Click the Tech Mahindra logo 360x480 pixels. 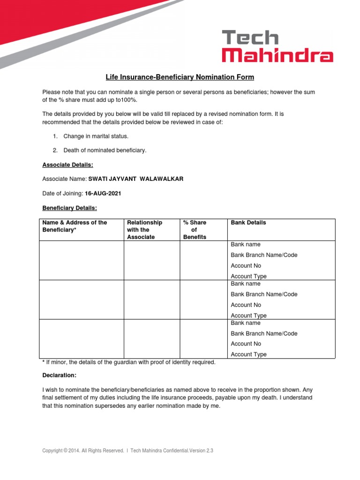(277, 46)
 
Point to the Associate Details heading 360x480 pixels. (67, 165)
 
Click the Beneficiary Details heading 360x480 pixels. (69, 208)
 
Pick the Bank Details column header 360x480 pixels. (248, 223)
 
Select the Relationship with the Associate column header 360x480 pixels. (144, 230)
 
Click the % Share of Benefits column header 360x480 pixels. (195, 230)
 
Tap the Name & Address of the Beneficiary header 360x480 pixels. (75, 226)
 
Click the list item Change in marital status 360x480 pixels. (96, 136)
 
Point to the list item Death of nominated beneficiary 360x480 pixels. (105, 150)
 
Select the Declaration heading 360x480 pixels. (59, 375)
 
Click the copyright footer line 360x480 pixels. (127, 451)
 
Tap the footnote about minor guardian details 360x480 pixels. (129, 362)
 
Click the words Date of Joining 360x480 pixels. (62, 194)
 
